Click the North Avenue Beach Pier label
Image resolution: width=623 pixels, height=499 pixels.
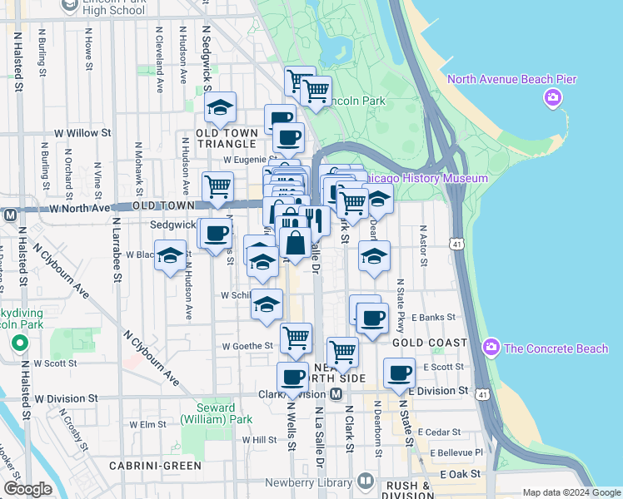tap(511, 79)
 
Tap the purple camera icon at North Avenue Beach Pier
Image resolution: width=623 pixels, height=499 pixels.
tap(552, 100)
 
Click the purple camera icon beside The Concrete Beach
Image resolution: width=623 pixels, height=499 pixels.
tap(491, 347)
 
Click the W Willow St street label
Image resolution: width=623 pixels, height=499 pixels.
tap(82, 132)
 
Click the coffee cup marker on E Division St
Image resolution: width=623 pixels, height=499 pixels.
tap(400, 373)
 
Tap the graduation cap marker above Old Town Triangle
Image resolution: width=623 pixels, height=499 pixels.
tap(221, 107)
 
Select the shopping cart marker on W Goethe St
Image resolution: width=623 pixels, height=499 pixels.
tap(296, 338)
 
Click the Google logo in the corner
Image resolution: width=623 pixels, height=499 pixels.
tap(27, 488)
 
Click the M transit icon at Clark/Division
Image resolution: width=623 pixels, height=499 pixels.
tap(336, 393)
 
